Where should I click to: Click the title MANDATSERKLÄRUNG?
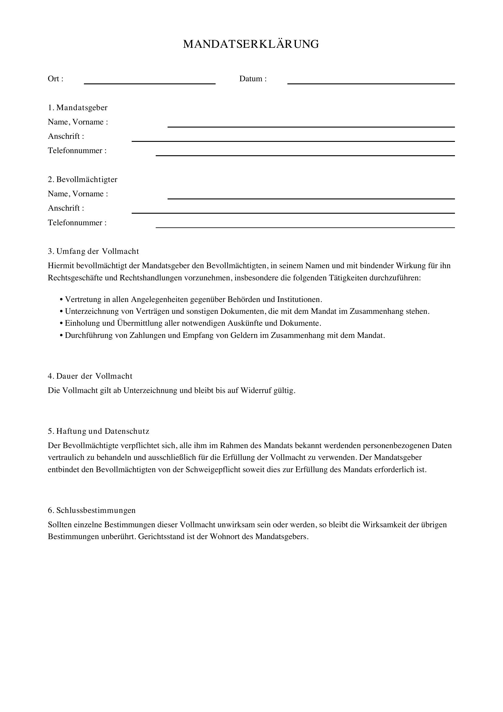(251, 44)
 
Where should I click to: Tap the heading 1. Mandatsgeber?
(78, 107)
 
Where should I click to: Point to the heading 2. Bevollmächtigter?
(83, 180)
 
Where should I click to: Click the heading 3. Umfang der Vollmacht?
(93, 251)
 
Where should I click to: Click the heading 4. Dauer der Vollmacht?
(90, 376)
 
